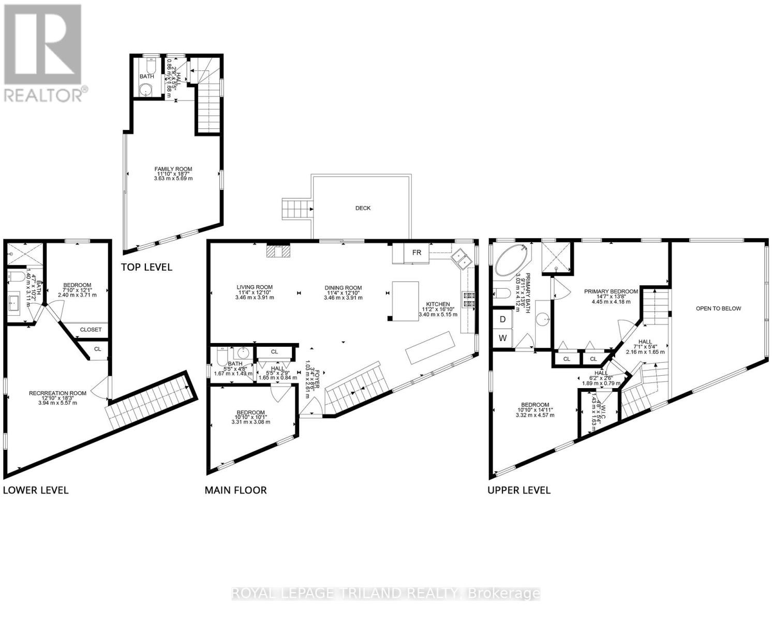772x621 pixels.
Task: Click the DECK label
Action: [363, 208]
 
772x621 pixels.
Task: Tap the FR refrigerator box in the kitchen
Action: [417, 253]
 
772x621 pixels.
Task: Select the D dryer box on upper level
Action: [502, 320]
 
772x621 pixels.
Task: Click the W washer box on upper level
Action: [502, 339]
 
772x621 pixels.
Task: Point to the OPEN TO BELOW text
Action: [718, 308]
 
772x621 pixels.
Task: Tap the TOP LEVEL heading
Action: [146, 267]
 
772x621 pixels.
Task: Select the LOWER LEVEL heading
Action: [36, 490]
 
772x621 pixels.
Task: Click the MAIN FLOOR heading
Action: [235, 490]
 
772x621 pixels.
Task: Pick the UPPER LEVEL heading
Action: [519, 490]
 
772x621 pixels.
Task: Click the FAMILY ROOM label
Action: [173, 169]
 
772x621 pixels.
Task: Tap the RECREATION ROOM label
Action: [57, 393]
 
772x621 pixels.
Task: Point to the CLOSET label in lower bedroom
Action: [91, 330]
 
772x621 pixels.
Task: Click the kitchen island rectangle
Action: [405, 301]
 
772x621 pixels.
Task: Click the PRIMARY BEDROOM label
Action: [611, 292]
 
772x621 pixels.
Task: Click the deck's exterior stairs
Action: [296, 209]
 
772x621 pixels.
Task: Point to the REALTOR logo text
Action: [46, 95]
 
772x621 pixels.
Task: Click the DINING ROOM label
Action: [343, 288]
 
